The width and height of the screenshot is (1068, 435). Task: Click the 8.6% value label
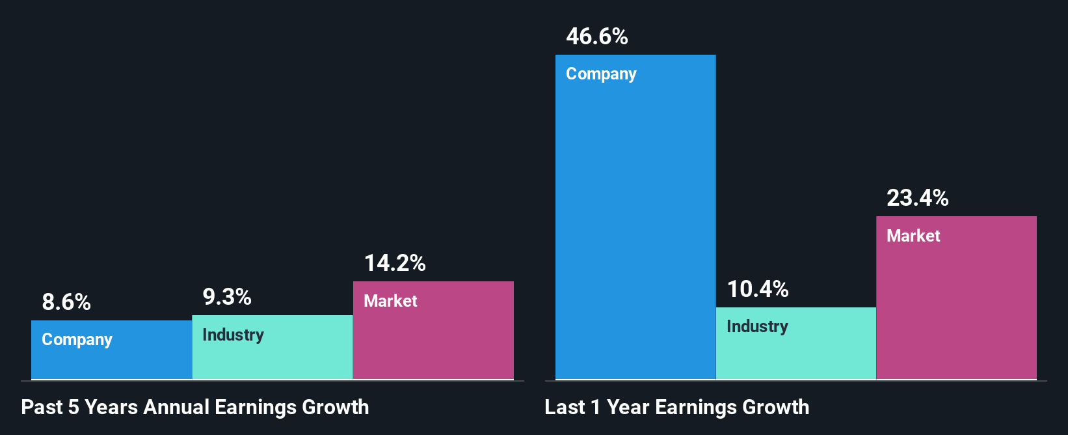pyautogui.click(x=66, y=302)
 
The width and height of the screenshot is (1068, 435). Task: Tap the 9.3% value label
pyautogui.click(x=227, y=297)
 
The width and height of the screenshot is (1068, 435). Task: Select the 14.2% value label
pyautogui.click(x=395, y=263)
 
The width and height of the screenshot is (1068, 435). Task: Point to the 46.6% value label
pyautogui.click(x=597, y=36)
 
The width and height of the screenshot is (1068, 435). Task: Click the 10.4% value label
pyautogui.click(x=758, y=289)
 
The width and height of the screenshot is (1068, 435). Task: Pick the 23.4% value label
pyautogui.click(x=918, y=198)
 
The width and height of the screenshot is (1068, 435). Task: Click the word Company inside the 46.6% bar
pyautogui.click(x=601, y=74)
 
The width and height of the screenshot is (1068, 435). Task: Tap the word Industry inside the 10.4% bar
pyautogui.click(x=757, y=326)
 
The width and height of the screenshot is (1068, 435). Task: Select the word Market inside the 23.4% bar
pyautogui.click(x=913, y=236)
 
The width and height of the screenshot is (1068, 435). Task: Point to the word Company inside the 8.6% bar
pyautogui.click(x=77, y=340)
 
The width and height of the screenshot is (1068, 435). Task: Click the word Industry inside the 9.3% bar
pyautogui.click(x=233, y=335)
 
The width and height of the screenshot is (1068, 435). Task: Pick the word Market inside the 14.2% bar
pyautogui.click(x=390, y=301)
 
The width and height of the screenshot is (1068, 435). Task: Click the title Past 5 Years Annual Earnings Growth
pyautogui.click(x=195, y=408)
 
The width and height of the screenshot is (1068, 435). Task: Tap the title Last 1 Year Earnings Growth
pyautogui.click(x=677, y=408)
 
